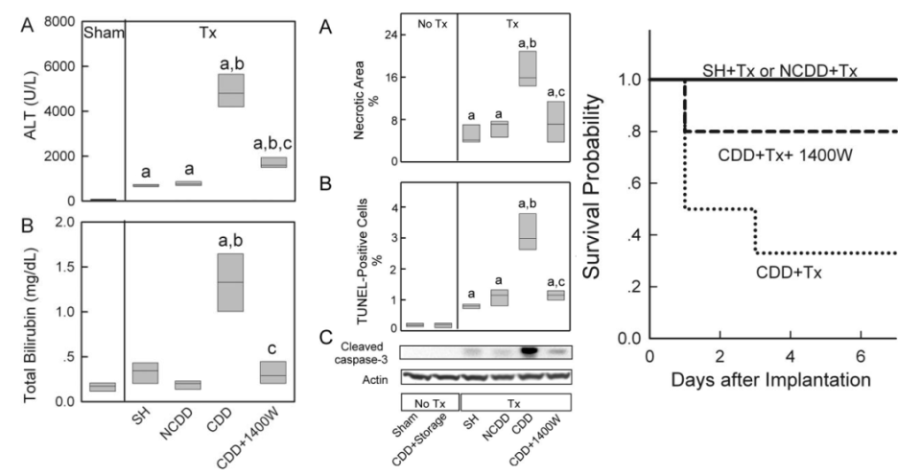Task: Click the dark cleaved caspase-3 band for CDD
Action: (x=527, y=351)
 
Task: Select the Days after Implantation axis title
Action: (x=772, y=377)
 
